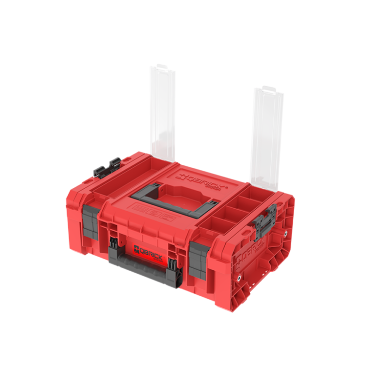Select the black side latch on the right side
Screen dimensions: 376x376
[x=265, y=220]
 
